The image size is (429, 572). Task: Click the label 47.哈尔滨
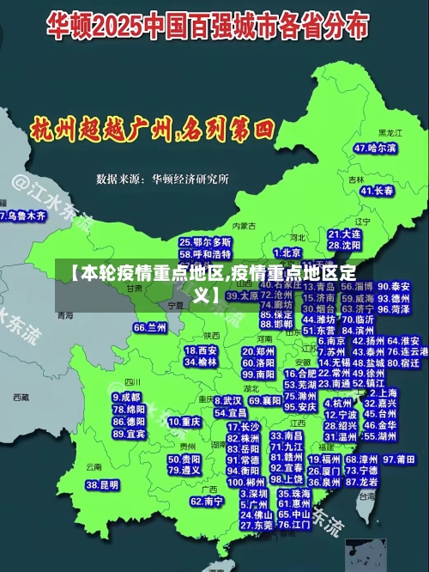click(x=375, y=148)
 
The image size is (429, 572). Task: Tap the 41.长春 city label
click(x=378, y=190)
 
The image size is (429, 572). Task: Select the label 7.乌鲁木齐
click(x=22, y=216)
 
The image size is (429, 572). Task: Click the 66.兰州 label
click(x=150, y=327)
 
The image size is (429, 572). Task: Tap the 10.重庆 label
click(x=184, y=422)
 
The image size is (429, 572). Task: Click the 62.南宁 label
click(x=207, y=501)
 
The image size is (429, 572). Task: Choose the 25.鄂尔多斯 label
click(x=205, y=242)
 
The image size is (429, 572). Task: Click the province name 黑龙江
click(x=390, y=133)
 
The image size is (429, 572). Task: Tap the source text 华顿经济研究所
click(x=190, y=179)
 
